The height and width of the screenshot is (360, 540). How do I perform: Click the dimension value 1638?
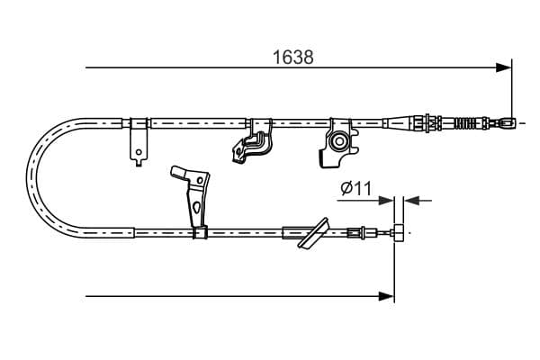click(293, 56)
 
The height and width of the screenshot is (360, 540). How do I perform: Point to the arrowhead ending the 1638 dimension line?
click(505, 67)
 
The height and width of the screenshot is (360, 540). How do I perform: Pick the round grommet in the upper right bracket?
click(339, 140)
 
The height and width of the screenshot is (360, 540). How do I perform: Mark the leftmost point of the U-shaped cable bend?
click(30, 175)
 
